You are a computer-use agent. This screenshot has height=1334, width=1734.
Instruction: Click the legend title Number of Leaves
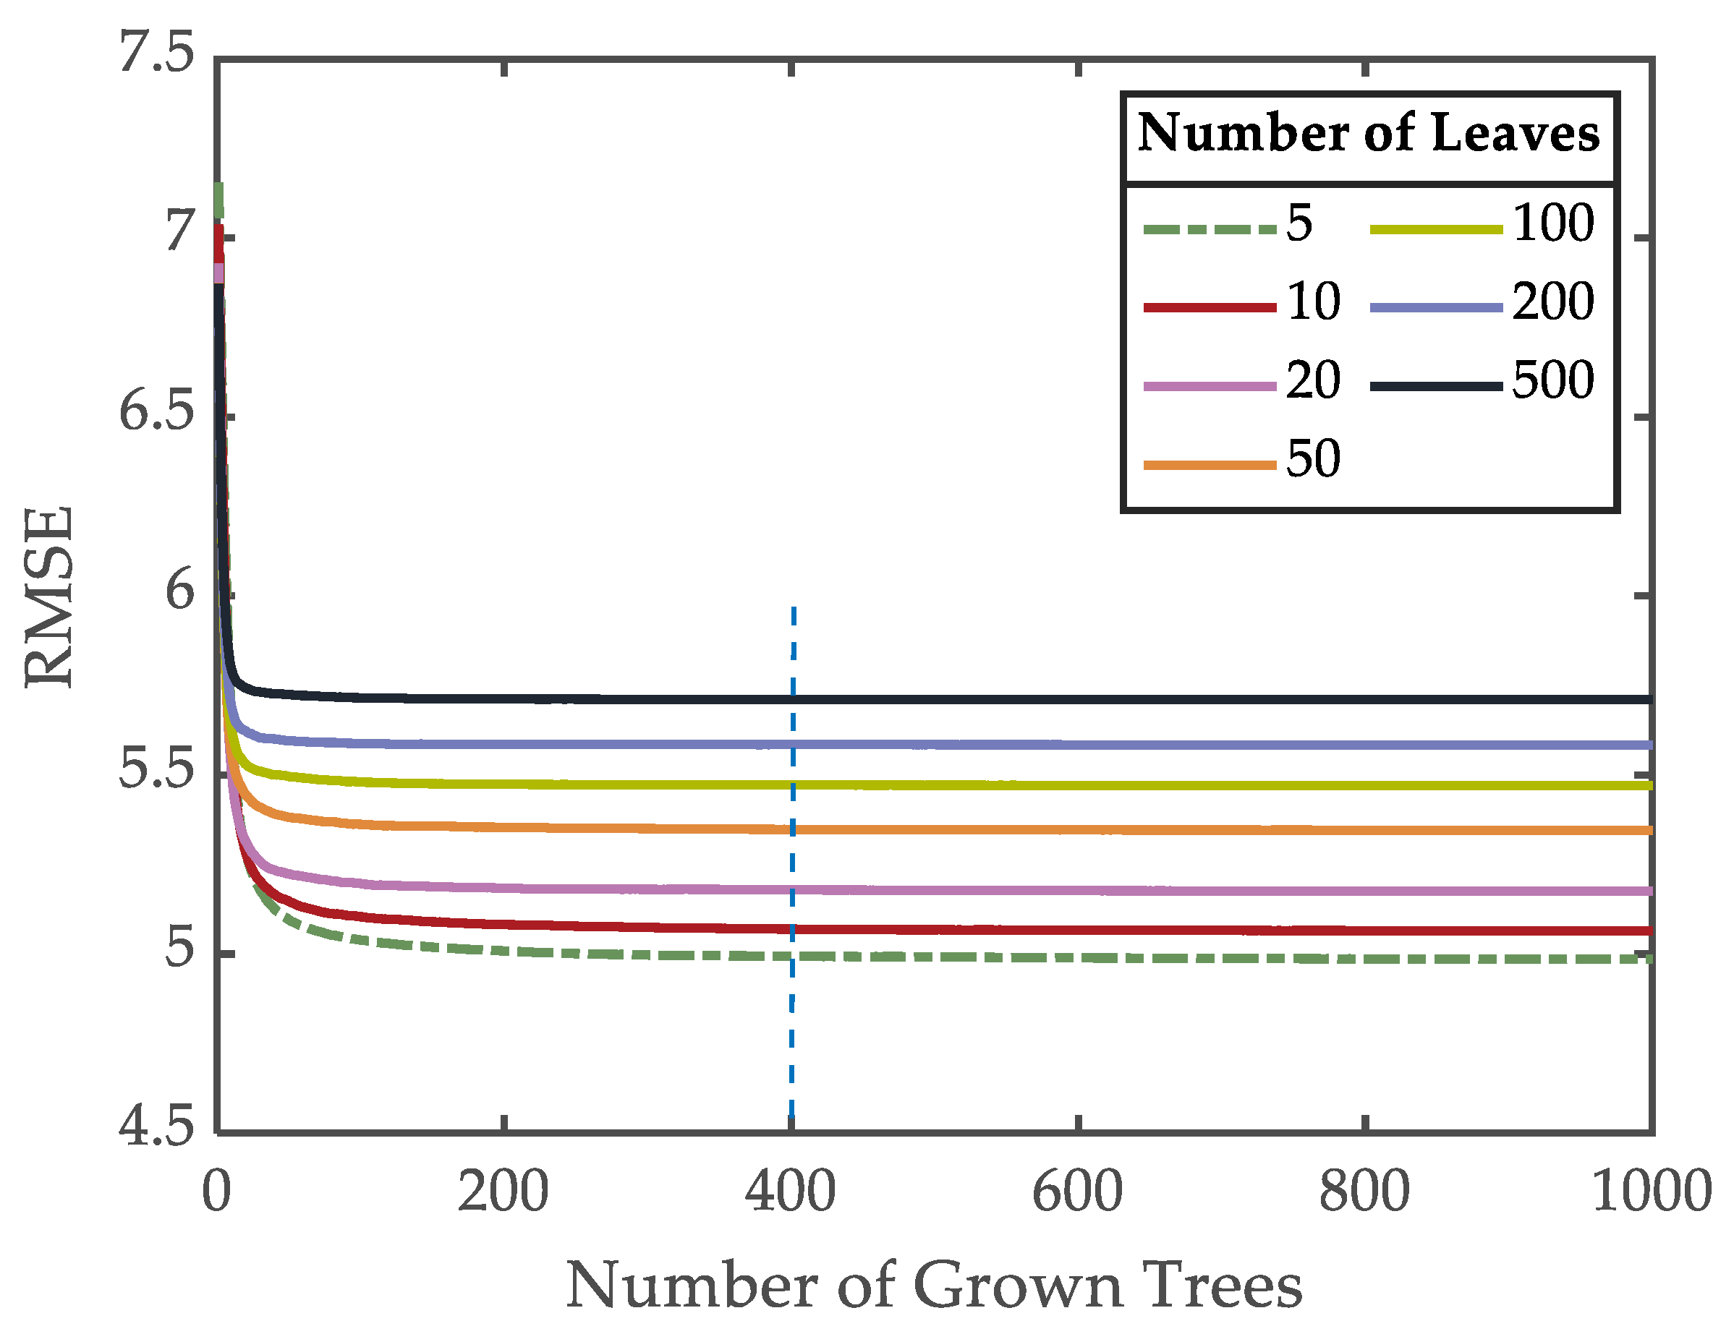[1368, 132]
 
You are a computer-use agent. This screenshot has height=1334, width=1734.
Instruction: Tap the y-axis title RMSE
[49, 597]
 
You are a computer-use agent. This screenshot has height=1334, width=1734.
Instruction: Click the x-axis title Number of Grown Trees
[934, 1285]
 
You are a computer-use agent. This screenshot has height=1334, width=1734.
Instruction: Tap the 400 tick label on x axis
[790, 1193]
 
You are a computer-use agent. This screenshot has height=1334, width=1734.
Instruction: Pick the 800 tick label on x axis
[1364, 1193]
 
